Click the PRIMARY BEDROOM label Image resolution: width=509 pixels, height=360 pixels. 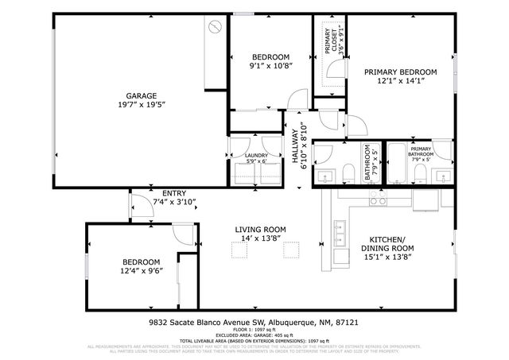(401, 72)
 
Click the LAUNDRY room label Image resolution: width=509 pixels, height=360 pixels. (256, 155)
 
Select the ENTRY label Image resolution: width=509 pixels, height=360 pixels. (173, 193)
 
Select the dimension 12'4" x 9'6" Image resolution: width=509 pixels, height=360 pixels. (142, 272)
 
